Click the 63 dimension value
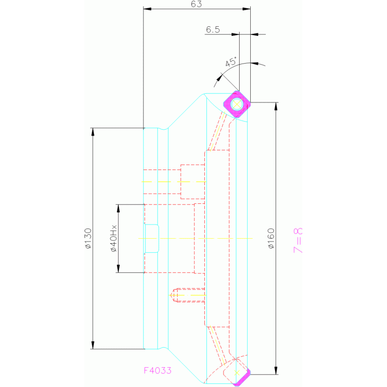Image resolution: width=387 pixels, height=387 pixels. pos(196,4)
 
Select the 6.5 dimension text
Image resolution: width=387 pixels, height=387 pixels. pos(213,30)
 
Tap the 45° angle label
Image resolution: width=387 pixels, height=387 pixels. pos(231,62)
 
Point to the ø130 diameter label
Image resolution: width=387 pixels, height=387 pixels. pos(88,239)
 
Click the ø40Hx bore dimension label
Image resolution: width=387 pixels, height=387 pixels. pos(114,239)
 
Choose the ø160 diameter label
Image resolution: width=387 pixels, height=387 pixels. pos(271,239)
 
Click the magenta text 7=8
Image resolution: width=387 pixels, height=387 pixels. pos(298,240)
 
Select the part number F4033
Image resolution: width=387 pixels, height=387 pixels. pos(157,370)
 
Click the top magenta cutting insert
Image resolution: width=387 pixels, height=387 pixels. pos(237,104)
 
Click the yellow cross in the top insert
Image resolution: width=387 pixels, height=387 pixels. pos(237,104)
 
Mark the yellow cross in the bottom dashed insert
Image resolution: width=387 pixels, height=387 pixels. pos(237,373)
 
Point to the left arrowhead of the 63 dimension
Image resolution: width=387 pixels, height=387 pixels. pos(147,9)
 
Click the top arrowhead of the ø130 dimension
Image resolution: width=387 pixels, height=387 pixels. pos(93,132)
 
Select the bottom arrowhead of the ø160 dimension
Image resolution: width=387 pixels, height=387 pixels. pos(276,370)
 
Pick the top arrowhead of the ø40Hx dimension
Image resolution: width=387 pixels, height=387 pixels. pos(118,208)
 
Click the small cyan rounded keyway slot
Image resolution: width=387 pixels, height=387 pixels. pos(152,239)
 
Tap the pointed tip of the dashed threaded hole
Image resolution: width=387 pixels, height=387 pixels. pos(171,295)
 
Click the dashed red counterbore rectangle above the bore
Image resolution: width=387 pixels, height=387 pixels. pos(193,182)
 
